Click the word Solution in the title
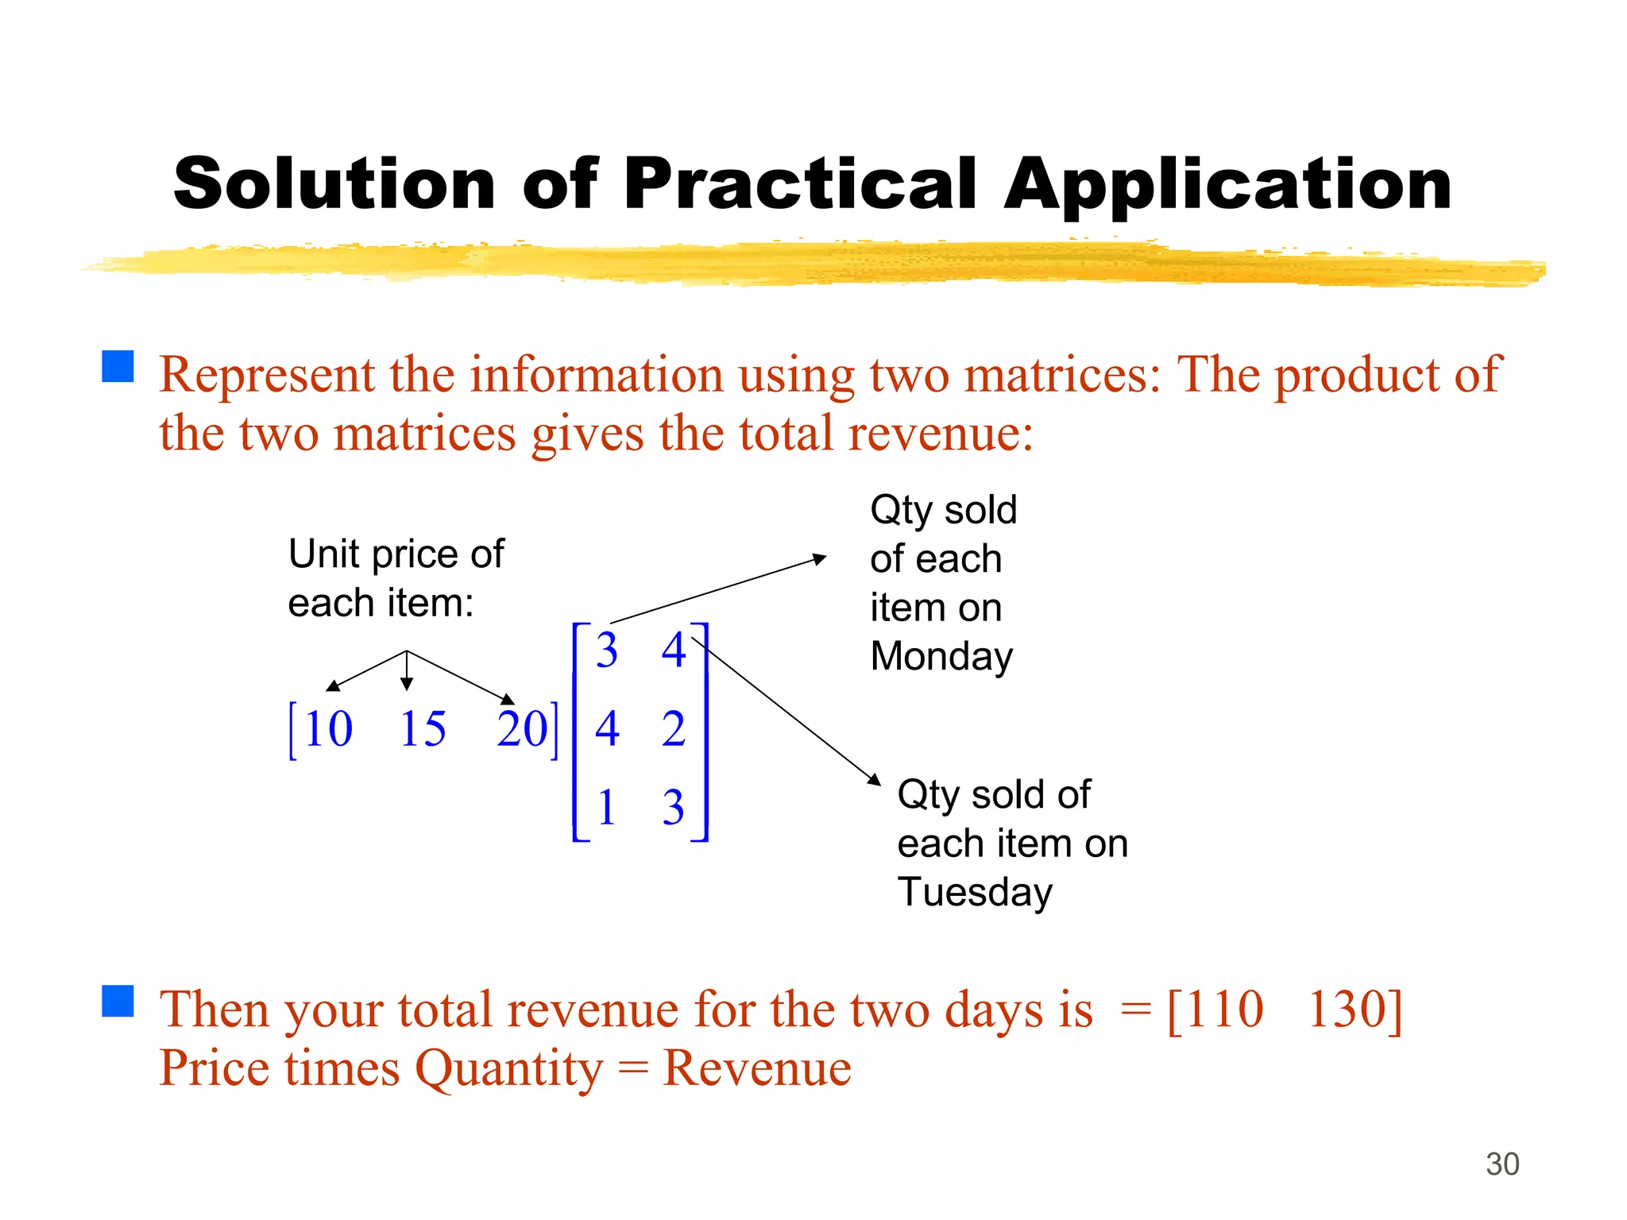click(334, 184)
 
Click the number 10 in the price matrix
click(327, 729)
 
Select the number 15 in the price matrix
click(423, 729)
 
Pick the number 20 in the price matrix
click(522, 729)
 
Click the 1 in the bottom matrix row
click(607, 808)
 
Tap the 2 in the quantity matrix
click(674, 729)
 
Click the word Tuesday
click(975, 893)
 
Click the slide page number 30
click(1502, 1164)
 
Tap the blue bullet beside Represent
click(118, 367)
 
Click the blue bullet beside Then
click(118, 1002)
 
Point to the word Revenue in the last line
click(757, 1068)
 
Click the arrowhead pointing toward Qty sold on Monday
click(820, 559)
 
